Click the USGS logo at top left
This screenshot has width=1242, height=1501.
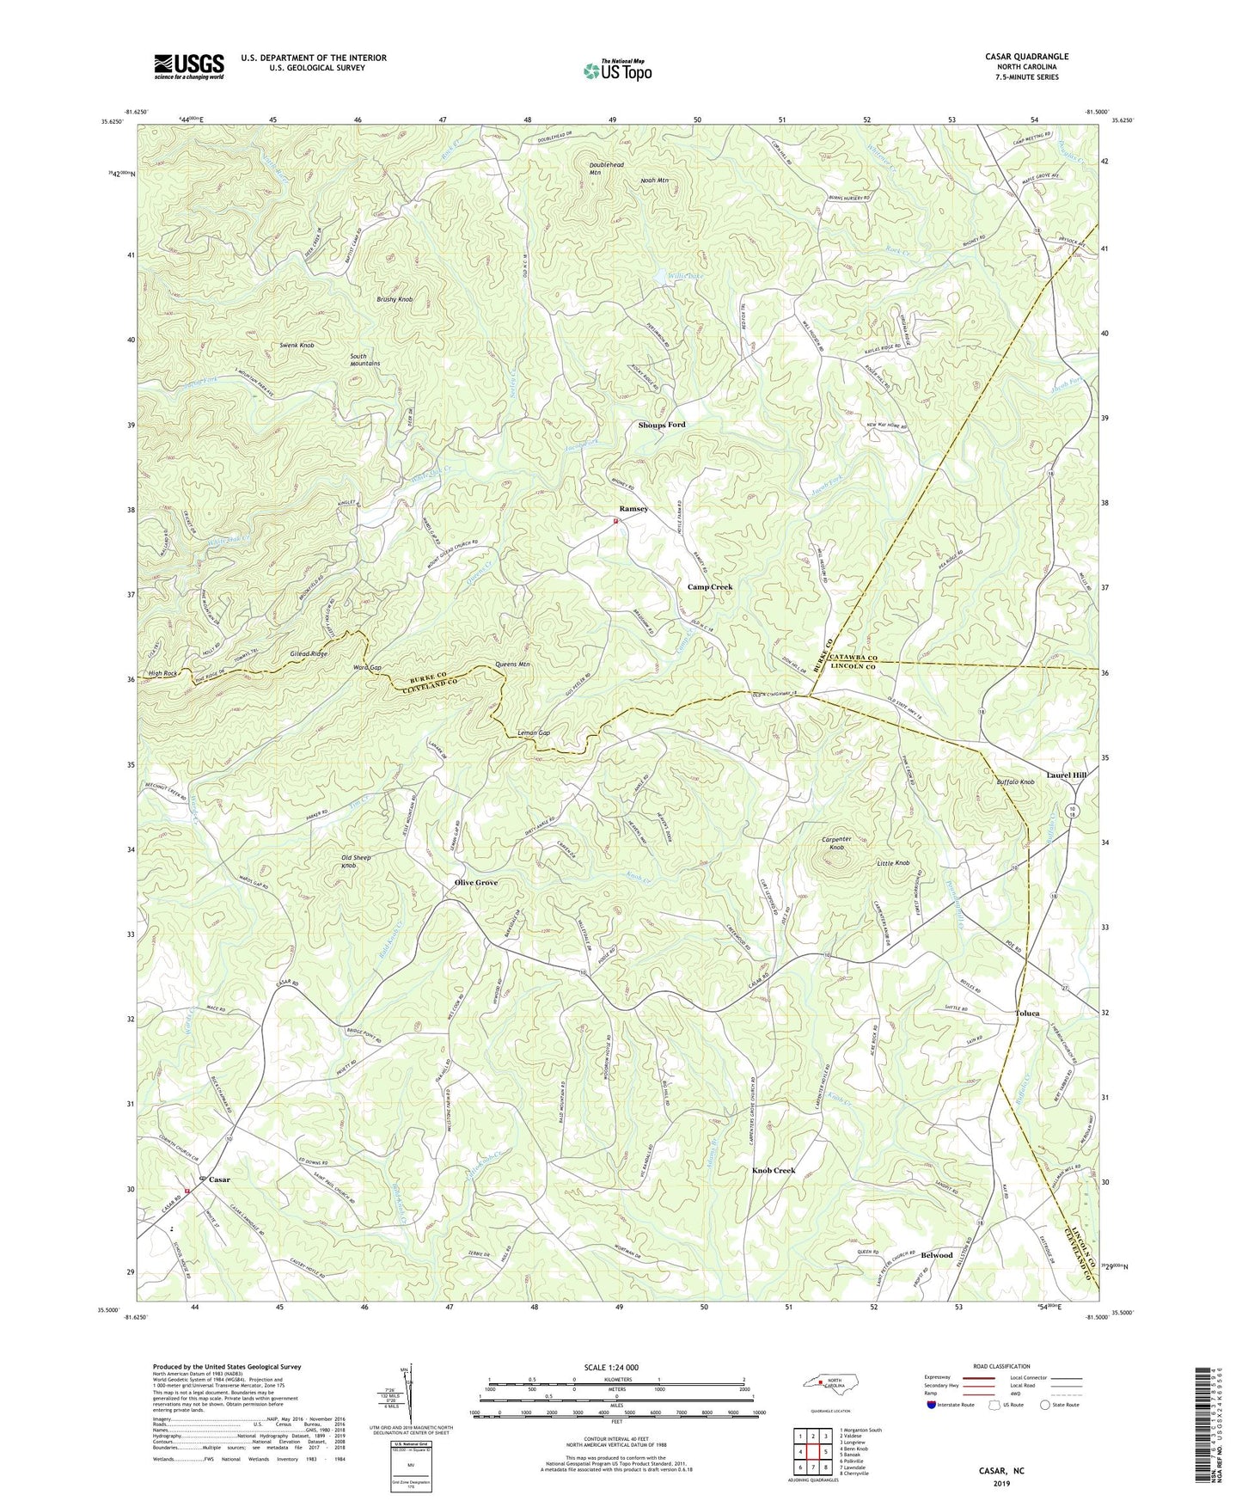click(189, 66)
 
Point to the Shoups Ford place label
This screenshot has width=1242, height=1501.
click(661, 426)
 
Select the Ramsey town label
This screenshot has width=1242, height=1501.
click(633, 509)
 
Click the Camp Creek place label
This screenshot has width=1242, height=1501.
click(709, 587)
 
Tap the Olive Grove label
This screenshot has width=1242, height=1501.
click(476, 883)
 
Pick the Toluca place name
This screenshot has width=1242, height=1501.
click(1026, 1014)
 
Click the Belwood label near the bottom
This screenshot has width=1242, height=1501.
click(936, 1255)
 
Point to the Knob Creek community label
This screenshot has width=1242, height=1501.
click(774, 1171)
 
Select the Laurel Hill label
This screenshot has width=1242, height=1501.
click(1066, 775)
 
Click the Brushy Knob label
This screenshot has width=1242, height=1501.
click(395, 299)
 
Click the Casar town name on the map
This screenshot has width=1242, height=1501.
click(219, 1179)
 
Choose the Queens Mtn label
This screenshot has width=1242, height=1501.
click(513, 665)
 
